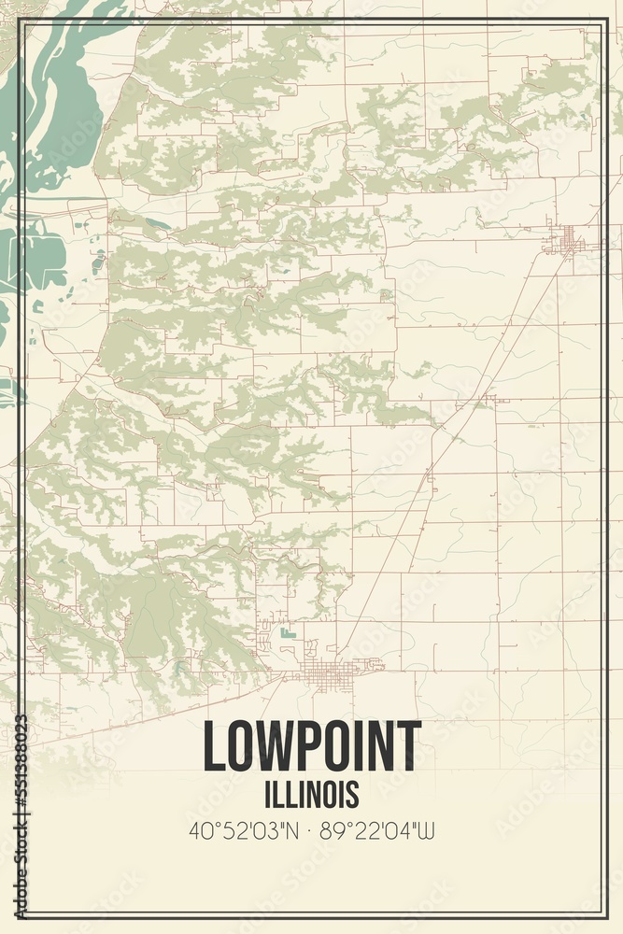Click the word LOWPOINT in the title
[x=312, y=746]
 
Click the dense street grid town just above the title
[x=327, y=672]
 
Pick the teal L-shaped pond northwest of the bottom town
[x=287, y=634]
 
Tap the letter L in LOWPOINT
[x=212, y=746]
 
